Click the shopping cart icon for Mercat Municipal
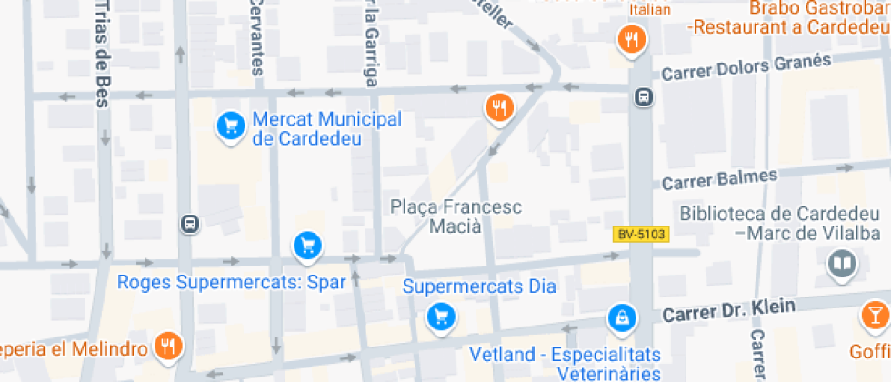click(x=231, y=126)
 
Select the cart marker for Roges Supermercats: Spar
click(x=307, y=245)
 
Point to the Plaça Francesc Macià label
click(x=456, y=216)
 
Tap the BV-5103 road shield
click(x=640, y=235)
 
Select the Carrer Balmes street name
click(x=719, y=179)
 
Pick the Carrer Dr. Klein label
click(x=730, y=310)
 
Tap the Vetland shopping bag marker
click(x=621, y=317)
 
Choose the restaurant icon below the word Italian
click(x=631, y=39)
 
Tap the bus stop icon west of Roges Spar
click(x=189, y=224)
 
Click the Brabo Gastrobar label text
click(x=819, y=9)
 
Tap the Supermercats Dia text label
click(x=478, y=287)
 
